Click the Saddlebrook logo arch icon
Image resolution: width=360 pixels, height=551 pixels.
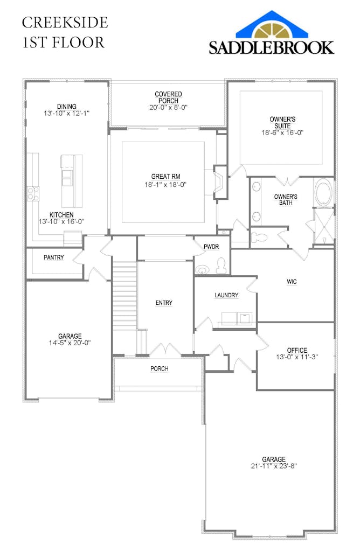pos(272,26)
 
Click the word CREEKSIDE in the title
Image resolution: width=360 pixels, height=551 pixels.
pos(65,23)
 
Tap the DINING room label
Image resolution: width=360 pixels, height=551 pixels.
pos(67,106)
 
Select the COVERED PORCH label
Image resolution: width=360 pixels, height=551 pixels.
pos(168,97)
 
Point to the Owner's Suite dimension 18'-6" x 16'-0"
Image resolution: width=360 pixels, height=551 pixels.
pos(282,132)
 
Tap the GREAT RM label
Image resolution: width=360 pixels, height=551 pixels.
pos(165,177)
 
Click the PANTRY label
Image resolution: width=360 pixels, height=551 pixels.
pos(54,258)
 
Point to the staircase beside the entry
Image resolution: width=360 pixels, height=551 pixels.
pos(124,296)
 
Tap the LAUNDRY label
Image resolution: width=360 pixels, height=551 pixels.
pos(226,295)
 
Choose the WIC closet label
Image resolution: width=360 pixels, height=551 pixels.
pos(292,282)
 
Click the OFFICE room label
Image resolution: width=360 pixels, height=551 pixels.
pos(297,350)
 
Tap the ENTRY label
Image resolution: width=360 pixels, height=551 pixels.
pos(164,303)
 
